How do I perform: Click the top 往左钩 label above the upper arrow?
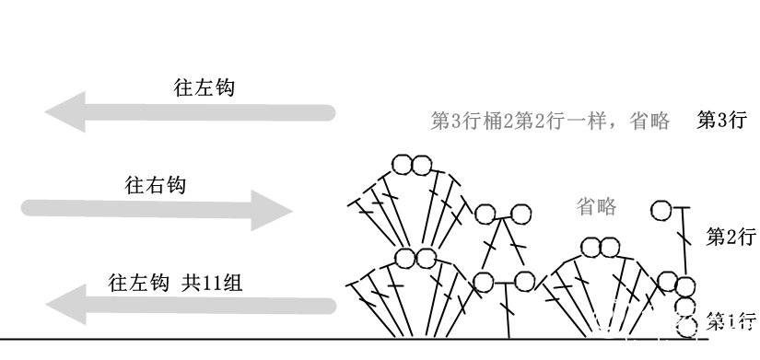click(x=204, y=88)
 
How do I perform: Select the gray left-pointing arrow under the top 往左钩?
click(x=190, y=112)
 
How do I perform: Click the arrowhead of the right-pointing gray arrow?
click(x=271, y=210)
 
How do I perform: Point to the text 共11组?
click(x=211, y=283)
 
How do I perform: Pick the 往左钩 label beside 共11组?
click(x=138, y=283)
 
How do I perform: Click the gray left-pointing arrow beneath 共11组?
click(x=191, y=305)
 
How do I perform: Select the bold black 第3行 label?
click(x=720, y=121)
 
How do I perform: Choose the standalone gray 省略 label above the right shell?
click(x=596, y=206)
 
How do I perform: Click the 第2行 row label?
click(x=731, y=238)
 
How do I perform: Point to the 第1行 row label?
click(x=731, y=320)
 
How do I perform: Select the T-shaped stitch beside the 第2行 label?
click(x=684, y=239)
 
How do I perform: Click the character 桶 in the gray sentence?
click(x=493, y=121)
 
